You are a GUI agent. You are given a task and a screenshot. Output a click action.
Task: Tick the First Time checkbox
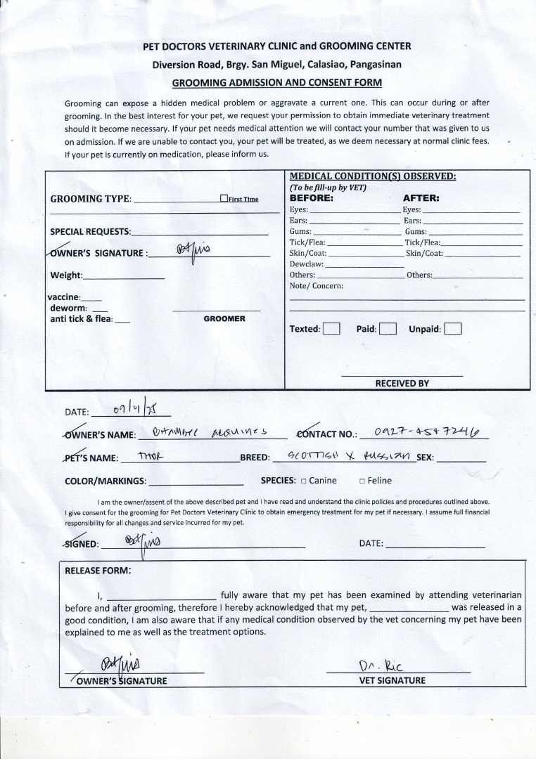(x=224, y=199)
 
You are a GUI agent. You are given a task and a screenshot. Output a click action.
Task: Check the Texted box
(x=331, y=329)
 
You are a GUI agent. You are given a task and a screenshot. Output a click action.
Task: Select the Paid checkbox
(x=388, y=329)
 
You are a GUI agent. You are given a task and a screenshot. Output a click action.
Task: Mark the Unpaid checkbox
(x=453, y=329)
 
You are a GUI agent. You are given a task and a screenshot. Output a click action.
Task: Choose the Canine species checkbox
(x=303, y=481)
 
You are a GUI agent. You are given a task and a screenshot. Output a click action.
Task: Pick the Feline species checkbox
(x=362, y=481)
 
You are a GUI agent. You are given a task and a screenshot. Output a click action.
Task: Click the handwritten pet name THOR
(x=151, y=455)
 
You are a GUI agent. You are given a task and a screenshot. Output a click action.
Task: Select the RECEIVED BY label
(x=402, y=384)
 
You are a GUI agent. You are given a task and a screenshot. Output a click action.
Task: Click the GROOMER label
(x=224, y=319)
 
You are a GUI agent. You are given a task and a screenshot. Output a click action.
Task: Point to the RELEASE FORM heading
(x=98, y=571)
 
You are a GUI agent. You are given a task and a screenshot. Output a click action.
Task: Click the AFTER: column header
(x=421, y=198)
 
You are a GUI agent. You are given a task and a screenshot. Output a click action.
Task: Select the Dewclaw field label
(x=307, y=264)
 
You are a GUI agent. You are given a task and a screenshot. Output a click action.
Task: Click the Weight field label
(x=66, y=275)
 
